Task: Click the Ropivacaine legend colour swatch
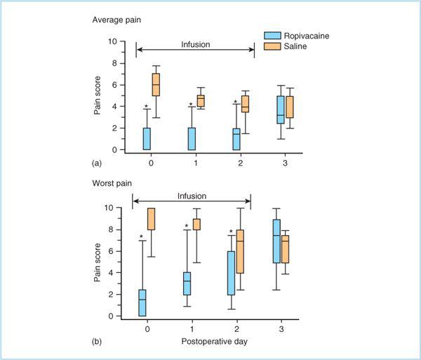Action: click(x=271, y=34)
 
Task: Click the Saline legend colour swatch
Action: click(x=271, y=46)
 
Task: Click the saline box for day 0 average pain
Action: click(x=156, y=84)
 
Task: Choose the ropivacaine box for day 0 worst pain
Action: click(x=142, y=302)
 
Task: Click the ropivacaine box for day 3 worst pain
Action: click(x=276, y=241)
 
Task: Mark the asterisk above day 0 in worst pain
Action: click(x=141, y=236)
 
